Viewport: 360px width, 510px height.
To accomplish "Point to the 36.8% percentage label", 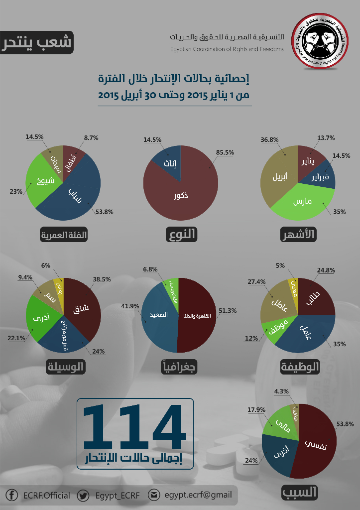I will (269, 140).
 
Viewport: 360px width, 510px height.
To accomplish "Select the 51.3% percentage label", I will (228, 310).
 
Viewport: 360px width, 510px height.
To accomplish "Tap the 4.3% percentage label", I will (280, 391).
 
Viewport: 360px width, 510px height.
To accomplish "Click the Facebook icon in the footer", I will (11, 495).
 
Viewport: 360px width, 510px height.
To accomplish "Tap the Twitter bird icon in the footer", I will (83, 495).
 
